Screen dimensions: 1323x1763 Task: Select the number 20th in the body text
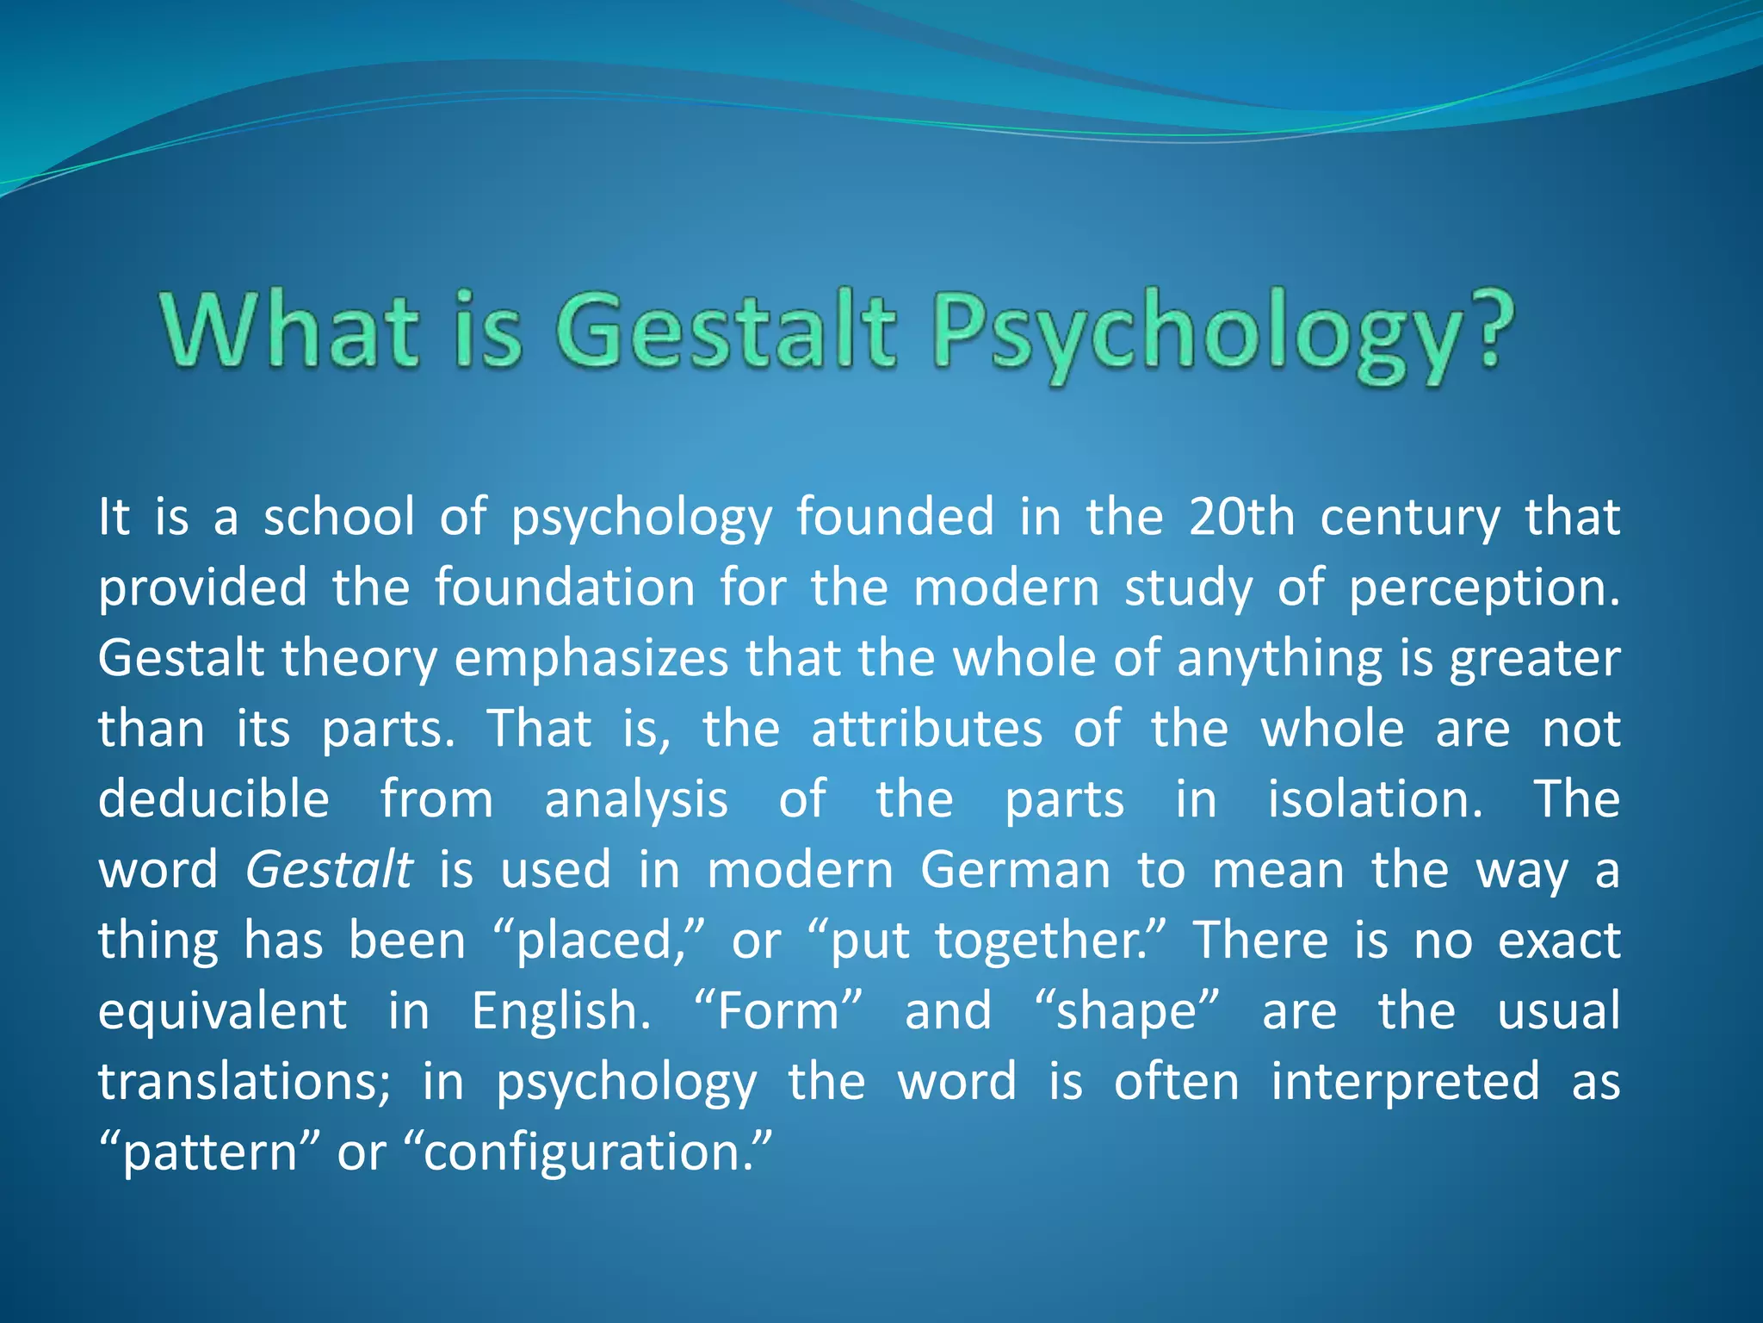click(1240, 517)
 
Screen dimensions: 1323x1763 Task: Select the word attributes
click(926, 730)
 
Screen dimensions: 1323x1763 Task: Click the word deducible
click(213, 799)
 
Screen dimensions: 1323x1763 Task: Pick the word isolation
click(1375, 799)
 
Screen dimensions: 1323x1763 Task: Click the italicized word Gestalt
click(329, 871)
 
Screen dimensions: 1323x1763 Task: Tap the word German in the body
click(1015, 870)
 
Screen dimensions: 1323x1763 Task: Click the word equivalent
click(222, 1012)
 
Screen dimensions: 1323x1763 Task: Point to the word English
click(560, 1011)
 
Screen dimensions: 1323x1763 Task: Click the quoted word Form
click(777, 1011)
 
